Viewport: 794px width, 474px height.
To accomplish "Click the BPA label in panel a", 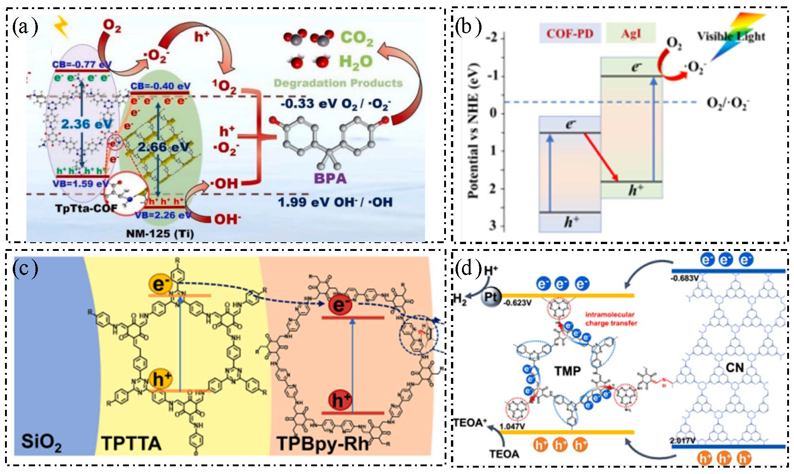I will click(330, 178).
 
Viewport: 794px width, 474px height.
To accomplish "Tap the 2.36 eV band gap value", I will click(87, 124).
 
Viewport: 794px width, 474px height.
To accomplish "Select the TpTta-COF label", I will click(86, 208).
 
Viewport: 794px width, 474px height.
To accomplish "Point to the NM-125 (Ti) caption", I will click(159, 234).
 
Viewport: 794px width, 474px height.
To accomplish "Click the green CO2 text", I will click(357, 38).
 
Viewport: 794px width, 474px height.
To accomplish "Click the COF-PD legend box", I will click(570, 33).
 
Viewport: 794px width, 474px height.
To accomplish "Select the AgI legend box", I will click(630, 33).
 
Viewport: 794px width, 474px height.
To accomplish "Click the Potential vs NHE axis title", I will click(473, 132).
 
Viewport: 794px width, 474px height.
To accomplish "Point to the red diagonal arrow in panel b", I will click(601, 157).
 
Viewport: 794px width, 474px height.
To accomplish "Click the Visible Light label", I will click(731, 36).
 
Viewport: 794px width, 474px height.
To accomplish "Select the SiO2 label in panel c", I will click(41, 442).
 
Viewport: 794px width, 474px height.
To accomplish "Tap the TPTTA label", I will click(131, 443).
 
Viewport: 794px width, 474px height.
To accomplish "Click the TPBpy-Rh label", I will click(323, 443).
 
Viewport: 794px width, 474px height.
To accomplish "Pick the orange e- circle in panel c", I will click(159, 284).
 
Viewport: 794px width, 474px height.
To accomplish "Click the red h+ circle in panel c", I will click(340, 400).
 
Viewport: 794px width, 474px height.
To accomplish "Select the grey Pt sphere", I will click(491, 297).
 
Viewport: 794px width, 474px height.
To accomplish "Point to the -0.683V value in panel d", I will click(685, 278).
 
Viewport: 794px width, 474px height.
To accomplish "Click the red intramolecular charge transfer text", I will click(611, 319).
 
